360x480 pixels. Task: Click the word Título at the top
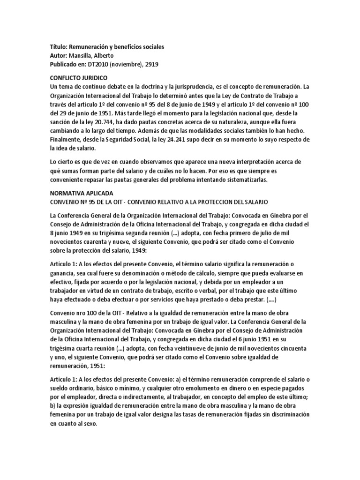point(58,47)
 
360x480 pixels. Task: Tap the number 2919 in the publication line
point(151,65)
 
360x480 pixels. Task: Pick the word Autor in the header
point(58,56)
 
